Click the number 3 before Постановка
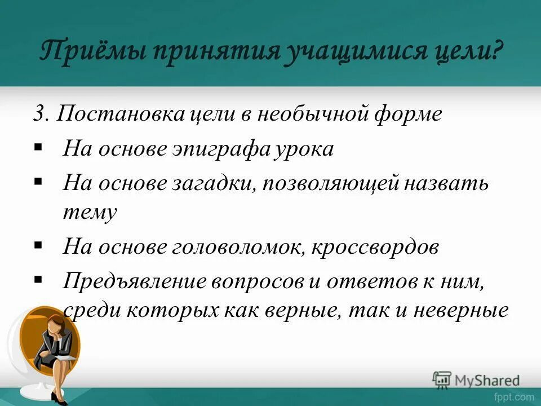click(39, 114)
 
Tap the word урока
click(307, 149)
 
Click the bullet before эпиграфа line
click(38, 148)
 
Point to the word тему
click(90, 212)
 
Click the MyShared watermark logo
click(477, 380)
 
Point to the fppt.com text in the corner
click(515, 397)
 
